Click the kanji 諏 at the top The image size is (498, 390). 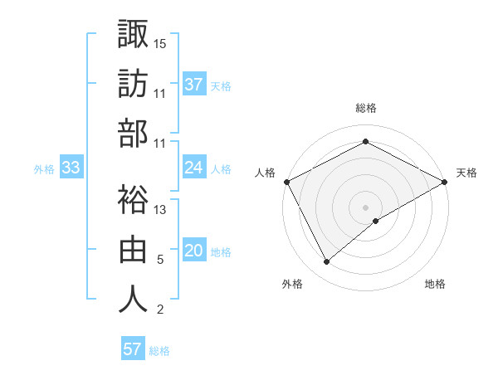tap(133, 34)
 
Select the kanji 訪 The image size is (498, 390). tap(133, 84)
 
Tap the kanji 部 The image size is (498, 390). tap(133, 133)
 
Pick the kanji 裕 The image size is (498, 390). tap(133, 200)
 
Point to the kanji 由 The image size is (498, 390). tap(133, 250)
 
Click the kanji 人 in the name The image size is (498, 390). tap(133, 300)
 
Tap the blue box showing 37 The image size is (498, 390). tap(193, 84)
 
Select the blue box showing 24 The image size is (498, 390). tap(193, 168)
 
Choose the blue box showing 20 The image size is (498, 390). tap(193, 251)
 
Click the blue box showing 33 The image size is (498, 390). tap(71, 168)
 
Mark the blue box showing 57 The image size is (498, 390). tap(132, 349)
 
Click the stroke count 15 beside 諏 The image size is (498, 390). tap(160, 43)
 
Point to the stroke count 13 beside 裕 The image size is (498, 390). tap(160, 210)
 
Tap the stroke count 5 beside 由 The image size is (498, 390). tap(160, 260)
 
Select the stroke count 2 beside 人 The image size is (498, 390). tap(160, 310)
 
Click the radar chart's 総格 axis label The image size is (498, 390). tap(365, 108)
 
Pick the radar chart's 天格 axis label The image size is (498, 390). tap(466, 173)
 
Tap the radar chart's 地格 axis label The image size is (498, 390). tap(435, 284)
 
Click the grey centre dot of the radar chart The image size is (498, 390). tap(365, 207)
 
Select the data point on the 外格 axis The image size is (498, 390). tap(327, 261)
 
